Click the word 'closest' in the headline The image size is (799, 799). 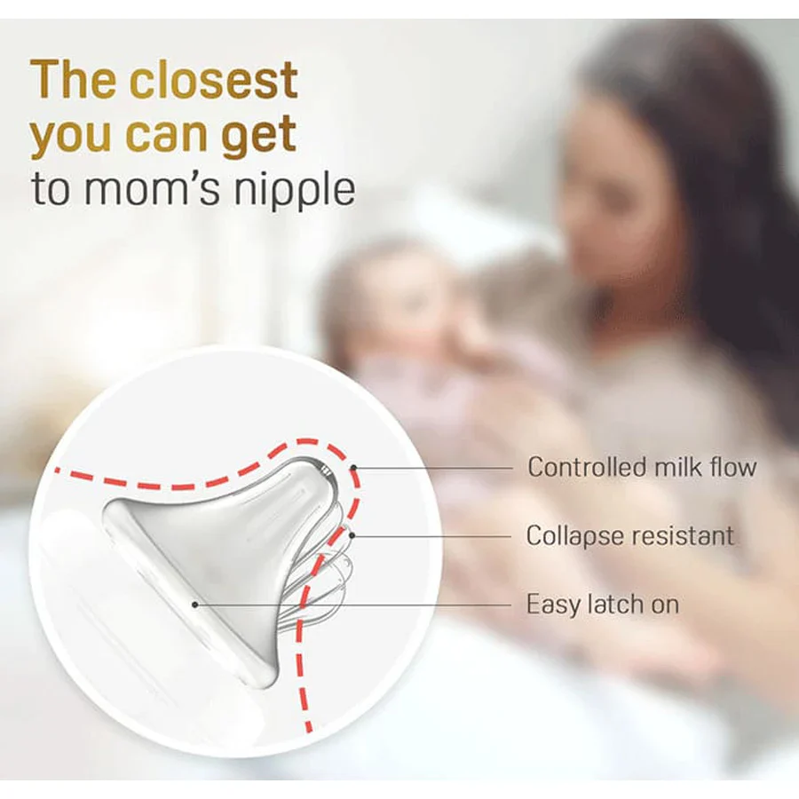(x=213, y=80)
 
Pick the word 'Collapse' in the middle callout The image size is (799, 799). (x=573, y=536)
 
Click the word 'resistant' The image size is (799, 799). (x=680, y=535)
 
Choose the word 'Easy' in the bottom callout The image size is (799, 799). (x=552, y=605)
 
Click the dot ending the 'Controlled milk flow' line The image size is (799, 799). (x=353, y=467)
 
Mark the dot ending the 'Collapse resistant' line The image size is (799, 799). (x=352, y=535)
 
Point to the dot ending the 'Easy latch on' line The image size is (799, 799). (x=194, y=605)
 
